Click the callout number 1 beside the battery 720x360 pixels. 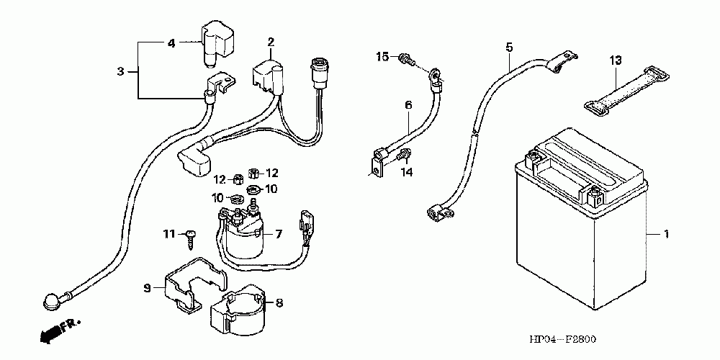point(665,234)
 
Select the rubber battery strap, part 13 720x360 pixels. point(626,92)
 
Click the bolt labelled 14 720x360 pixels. point(404,156)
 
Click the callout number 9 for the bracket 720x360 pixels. point(147,289)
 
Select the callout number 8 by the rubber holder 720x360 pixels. point(279,303)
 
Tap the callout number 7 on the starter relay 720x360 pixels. point(279,234)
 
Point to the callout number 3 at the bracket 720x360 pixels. point(120,71)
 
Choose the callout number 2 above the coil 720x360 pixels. point(271,42)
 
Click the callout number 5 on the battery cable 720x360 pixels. point(509,47)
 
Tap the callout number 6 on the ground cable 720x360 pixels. point(409,104)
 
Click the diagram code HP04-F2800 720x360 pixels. point(562,341)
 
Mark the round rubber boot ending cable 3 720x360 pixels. point(51,301)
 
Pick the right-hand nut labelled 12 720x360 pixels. point(252,173)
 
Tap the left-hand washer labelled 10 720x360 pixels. point(237,199)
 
